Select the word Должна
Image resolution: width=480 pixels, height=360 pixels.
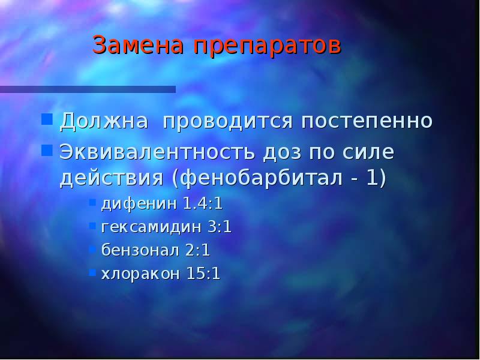103,121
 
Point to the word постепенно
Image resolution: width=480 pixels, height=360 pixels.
367,122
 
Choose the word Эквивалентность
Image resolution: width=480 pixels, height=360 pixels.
157,152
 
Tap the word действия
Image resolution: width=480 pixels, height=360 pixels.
112,179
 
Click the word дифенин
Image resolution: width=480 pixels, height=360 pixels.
139,204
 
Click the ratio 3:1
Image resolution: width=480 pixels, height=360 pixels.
219,227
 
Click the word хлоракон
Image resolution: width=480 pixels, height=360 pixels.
140,274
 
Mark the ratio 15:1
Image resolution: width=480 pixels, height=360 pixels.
203,274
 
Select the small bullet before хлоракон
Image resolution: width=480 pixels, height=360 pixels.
92,272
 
